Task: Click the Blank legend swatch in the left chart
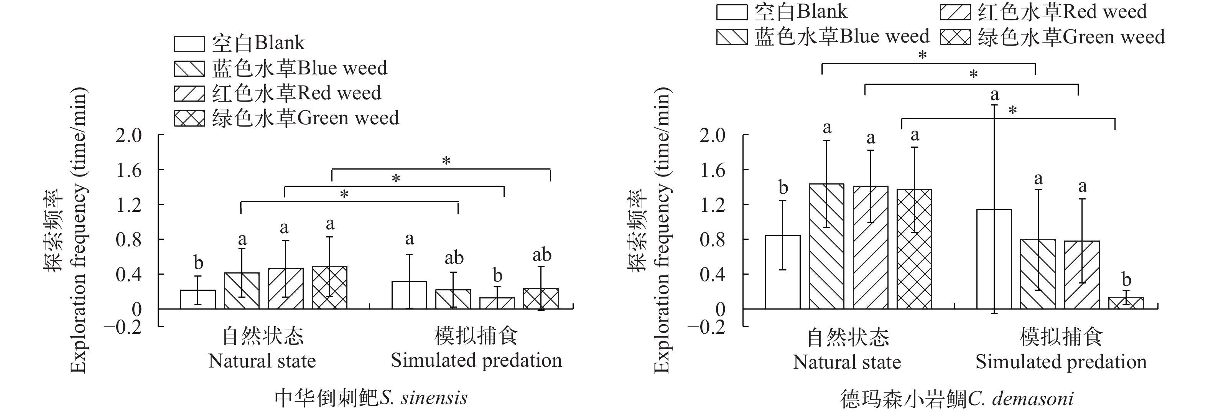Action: click(189, 44)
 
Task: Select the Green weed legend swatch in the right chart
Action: click(955, 37)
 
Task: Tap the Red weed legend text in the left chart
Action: click(296, 93)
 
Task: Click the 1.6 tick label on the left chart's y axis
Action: click(129, 170)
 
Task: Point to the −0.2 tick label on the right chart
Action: click(706, 326)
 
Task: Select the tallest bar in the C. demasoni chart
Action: click(826, 246)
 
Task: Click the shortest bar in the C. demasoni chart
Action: click(1126, 303)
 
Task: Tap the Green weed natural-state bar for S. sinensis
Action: click(330, 287)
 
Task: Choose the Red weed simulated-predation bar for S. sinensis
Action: click(497, 303)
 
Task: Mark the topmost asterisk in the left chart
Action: click(446, 161)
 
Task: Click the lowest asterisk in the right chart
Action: click(1013, 111)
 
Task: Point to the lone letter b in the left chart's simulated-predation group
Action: click(497, 275)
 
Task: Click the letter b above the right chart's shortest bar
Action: click(1126, 280)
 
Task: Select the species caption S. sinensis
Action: click(371, 398)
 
